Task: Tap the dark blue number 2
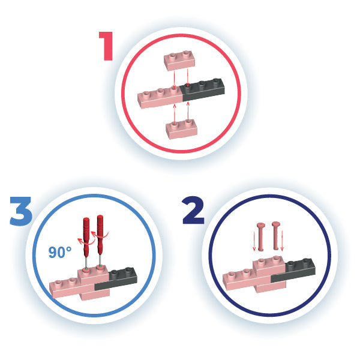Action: coord(193,211)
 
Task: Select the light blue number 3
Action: coord(20,211)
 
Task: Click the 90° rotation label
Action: coord(59,252)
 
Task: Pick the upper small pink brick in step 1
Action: coord(179,61)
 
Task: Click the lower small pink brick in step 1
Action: coord(181,129)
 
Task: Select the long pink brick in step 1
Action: coord(161,99)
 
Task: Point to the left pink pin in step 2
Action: coord(261,236)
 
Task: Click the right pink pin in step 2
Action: coord(276,236)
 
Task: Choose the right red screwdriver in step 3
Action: coord(100,241)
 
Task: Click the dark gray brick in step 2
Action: coord(294,271)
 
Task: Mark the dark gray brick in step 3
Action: coord(116,279)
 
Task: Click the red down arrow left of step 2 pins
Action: coord(254,241)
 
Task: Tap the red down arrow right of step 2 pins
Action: coord(282,241)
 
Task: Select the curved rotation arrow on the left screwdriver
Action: coord(85,242)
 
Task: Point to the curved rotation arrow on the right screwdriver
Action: coord(99,236)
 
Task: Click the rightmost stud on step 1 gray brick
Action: coord(216,81)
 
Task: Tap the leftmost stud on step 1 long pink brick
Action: coord(146,94)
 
